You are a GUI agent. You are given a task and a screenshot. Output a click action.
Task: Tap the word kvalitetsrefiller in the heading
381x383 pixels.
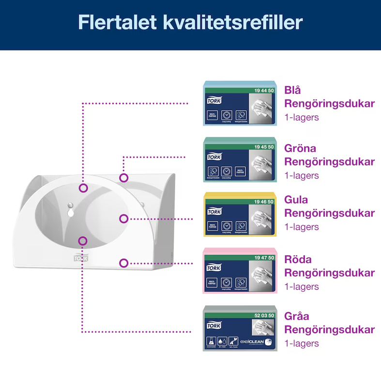pos(233,23)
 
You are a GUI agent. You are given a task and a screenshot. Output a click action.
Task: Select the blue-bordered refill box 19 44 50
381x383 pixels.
pos(240,103)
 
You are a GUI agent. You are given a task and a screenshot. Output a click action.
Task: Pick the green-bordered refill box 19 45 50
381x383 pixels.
pos(240,160)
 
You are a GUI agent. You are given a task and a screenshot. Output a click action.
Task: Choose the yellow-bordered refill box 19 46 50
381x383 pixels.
pos(240,214)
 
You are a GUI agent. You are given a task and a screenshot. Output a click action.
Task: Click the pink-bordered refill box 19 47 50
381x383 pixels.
pos(240,271)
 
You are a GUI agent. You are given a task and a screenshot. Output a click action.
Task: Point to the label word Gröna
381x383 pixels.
pos(300,148)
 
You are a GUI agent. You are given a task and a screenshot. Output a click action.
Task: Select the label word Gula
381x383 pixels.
pos(296,200)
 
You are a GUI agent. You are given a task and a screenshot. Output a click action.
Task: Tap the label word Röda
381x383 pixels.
pos(298,260)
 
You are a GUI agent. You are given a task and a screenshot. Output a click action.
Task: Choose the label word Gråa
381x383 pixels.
pos(297,317)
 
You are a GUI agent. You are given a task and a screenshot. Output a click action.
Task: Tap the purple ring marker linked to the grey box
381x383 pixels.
pos(83,240)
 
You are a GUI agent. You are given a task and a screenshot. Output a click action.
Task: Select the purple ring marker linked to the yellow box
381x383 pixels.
pos(124,219)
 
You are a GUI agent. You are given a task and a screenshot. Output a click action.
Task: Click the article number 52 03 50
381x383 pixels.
pos(264,315)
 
